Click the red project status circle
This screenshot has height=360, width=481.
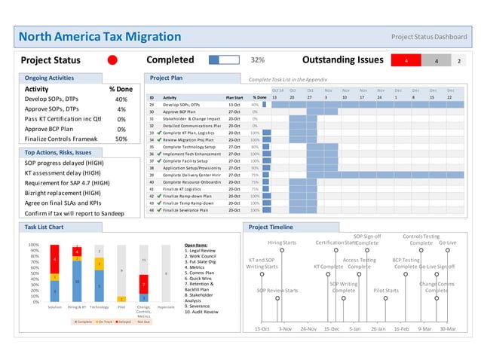pyautogui.click(x=112, y=59)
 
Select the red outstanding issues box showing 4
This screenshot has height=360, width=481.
pyautogui.click(x=406, y=60)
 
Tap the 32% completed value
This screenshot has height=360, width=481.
pyautogui.click(x=257, y=59)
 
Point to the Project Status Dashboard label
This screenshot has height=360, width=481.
pyautogui.click(x=429, y=36)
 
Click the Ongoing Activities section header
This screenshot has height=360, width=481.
pyautogui.click(x=50, y=78)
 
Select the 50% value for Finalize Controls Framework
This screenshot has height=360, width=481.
pyautogui.click(x=121, y=139)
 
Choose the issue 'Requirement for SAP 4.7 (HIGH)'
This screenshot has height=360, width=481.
pyautogui.click(x=68, y=182)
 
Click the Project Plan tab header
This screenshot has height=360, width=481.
pyautogui.click(x=166, y=78)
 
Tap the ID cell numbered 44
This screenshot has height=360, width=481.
pyautogui.click(x=152, y=210)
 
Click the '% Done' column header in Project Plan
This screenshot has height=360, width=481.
pyautogui.click(x=259, y=97)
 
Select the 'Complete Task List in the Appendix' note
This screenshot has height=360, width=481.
pyautogui.click(x=288, y=79)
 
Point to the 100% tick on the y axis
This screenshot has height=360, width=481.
pyautogui.click(x=34, y=245)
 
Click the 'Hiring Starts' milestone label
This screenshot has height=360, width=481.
pyautogui.click(x=282, y=243)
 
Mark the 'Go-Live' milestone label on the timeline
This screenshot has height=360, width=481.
pyautogui.click(x=447, y=243)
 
